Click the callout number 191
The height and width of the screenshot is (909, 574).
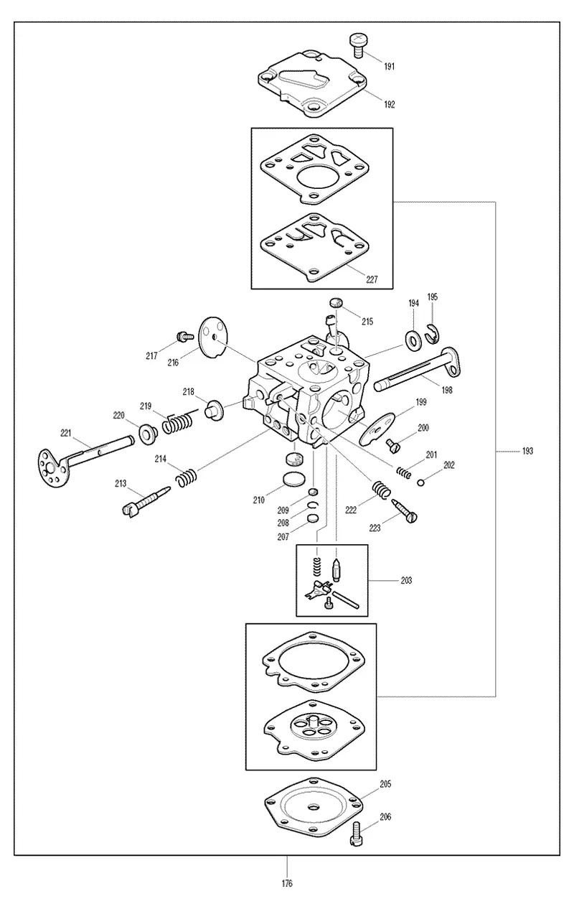(x=389, y=66)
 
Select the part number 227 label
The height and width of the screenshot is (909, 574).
(x=372, y=279)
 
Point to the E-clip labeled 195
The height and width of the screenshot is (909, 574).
(x=432, y=333)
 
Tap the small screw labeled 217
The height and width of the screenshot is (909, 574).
(x=185, y=337)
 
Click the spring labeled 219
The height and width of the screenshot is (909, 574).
(x=178, y=423)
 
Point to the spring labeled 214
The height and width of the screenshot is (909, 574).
(x=187, y=478)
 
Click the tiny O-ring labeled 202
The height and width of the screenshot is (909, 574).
(x=420, y=483)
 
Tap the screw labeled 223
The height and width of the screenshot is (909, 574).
(x=405, y=511)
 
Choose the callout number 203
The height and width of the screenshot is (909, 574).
(x=406, y=580)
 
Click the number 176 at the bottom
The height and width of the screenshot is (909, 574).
(x=287, y=883)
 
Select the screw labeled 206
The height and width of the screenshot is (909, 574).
(x=354, y=834)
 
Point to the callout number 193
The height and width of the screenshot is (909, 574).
(x=527, y=451)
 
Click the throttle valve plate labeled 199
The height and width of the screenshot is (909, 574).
(x=377, y=429)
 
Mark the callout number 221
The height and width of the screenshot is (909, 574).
(x=66, y=433)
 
